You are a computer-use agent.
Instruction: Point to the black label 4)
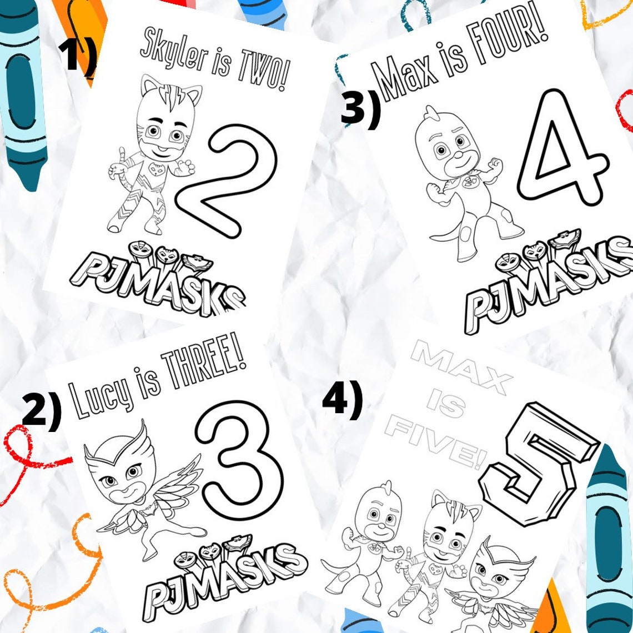[x=342, y=401]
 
